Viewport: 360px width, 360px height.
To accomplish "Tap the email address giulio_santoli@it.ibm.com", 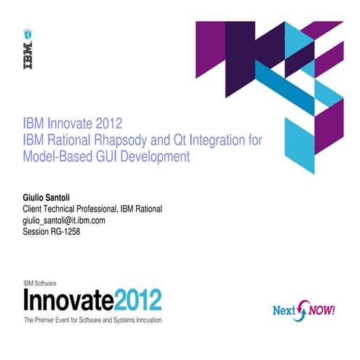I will (x=65, y=220).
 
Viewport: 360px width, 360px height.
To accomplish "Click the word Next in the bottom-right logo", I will (x=284, y=310).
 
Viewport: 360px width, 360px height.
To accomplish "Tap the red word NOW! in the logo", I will (x=320, y=308).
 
